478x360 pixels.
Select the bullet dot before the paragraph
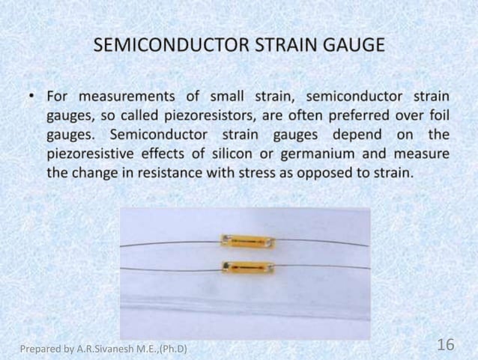click(x=34, y=98)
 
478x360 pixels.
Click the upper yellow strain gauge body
click(x=245, y=241)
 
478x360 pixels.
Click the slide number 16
click(x=445, y=345)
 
